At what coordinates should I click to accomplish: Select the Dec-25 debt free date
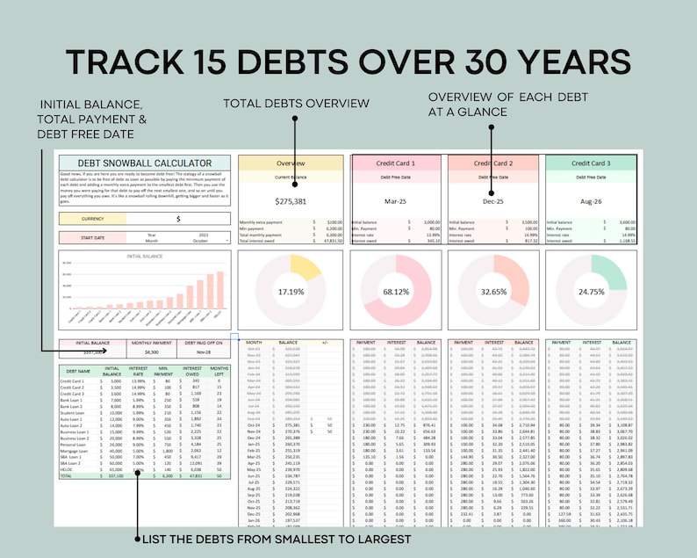tap(492, 200)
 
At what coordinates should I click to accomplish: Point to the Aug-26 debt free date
tap(590, 200)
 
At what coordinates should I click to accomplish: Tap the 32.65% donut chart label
tap(492, 291)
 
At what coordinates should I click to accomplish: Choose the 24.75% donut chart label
tap(590, 291)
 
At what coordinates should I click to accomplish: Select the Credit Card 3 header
tap(590, 163)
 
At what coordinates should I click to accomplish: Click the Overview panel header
tap(291, 163)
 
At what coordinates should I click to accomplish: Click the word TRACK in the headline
tap(126, 63)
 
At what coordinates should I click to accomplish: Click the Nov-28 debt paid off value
tap(203, 351)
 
